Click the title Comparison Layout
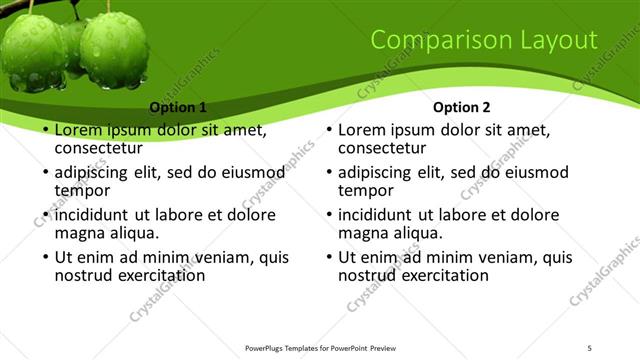click(484, 40)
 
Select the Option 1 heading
click(178, 107)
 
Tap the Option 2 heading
click(461, 107)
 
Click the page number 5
click(590, 347)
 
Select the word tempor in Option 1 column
click(82, 190)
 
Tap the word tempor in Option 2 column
click(366, 190)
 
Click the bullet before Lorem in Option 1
click(45, 131)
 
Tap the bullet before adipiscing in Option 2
click(329, 173)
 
